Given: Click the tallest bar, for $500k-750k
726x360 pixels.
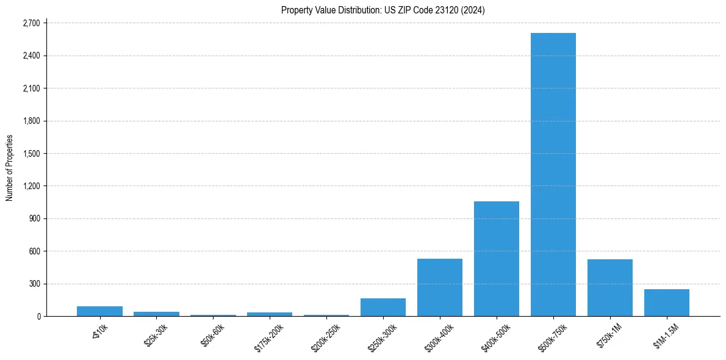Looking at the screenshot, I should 553,175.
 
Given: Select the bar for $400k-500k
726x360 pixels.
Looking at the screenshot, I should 496,259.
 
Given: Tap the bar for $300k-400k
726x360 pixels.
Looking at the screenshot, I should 439,287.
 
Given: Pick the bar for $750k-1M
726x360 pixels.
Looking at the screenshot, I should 609,287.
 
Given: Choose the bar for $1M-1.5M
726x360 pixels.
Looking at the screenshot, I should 666,303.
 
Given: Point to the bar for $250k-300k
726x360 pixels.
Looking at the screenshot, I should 383,308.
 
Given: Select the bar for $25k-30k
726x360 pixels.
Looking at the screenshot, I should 156,314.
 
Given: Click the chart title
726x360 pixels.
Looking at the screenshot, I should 383,10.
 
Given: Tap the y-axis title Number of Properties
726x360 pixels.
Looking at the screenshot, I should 10,168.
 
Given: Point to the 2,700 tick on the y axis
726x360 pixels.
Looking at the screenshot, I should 31,23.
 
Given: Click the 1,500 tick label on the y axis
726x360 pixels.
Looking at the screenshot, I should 31,154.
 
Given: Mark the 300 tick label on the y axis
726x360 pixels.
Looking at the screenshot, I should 34,284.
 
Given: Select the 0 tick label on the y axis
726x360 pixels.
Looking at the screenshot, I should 38,316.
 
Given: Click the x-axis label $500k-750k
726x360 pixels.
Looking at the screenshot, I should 553,335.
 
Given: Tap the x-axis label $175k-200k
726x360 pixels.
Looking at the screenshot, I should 269,335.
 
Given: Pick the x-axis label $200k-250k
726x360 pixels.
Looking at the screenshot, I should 326,335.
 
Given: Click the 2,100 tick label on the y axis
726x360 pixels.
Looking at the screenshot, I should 31,88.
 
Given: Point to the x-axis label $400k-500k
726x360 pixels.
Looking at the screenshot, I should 496,335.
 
